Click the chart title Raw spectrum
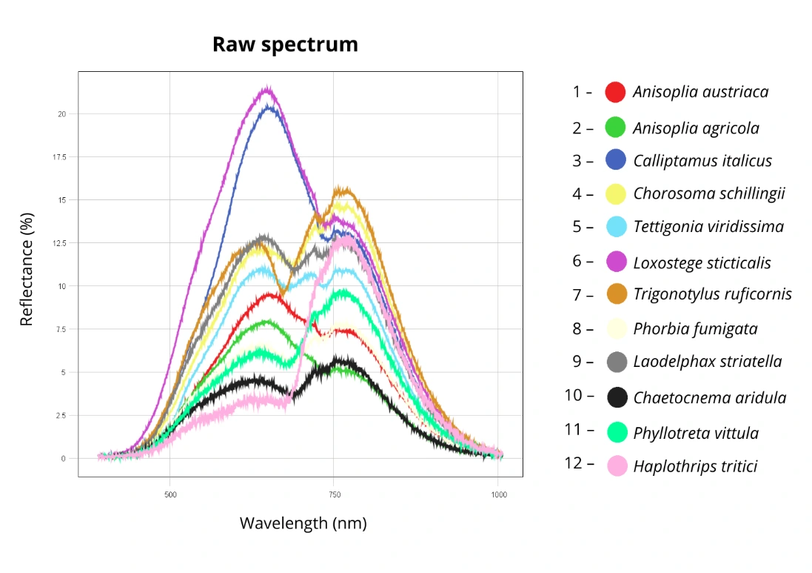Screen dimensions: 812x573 point(285,45)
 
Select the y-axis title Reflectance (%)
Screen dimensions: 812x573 point(26,269)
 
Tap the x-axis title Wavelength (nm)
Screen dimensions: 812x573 point(303,523)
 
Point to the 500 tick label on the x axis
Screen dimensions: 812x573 point(170,494)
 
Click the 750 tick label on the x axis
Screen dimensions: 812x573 point(335,494)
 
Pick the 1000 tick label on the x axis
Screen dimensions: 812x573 point(499,494)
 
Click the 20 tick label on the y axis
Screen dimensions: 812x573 point(62,114)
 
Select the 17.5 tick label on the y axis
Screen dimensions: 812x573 point(59,157)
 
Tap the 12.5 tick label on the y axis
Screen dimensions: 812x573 point(59,243)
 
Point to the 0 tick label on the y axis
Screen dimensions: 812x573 point(64,458)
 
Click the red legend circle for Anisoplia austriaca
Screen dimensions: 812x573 point(615,93)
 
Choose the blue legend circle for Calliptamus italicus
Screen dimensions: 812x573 point(616,159)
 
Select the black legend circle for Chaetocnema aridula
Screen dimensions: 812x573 point(617,397)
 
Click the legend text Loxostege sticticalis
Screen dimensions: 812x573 point(702,263)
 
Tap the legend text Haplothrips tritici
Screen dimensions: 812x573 point(695,466)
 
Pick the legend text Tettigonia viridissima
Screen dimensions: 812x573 point(708,227)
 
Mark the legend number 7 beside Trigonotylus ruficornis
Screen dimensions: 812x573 point(577,295)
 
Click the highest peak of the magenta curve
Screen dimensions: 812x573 point(267,87)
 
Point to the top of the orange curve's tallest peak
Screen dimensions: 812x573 point(342,188)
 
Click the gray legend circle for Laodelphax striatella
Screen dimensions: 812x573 point(617,362)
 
